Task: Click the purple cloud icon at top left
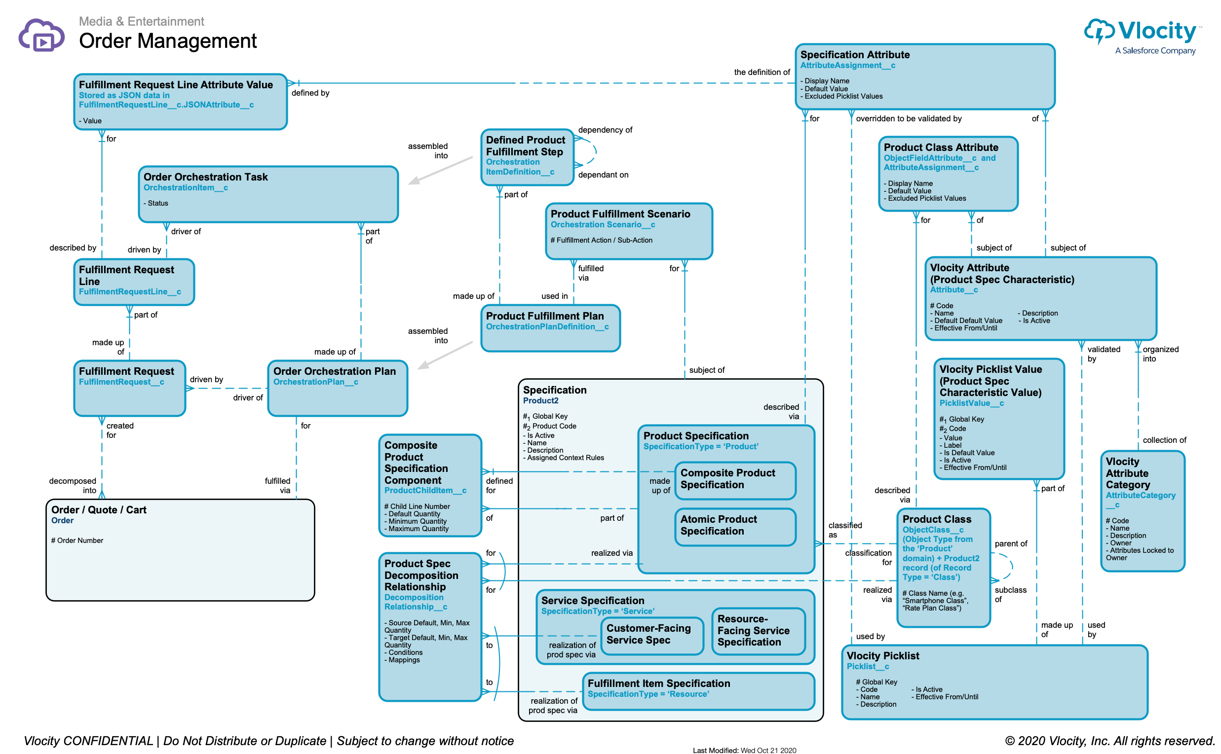tap(41, 35)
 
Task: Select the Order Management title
tap(168, 41)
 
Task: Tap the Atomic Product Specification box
tap(734, 526)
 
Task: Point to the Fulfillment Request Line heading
tap(126, 275)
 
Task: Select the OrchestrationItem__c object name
tap(186, 188)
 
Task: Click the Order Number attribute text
tap(77, 541)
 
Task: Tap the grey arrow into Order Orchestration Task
tap(439, 171)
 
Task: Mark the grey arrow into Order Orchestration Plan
tap(444, 356)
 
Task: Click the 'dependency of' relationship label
tap(605, 130)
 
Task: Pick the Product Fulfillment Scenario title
tap(620, 214)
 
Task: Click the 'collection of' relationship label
tap(1164, 440)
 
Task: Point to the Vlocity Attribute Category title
tap(1128, 473)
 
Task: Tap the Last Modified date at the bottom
tap(744, 750)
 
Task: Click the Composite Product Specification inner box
tap(734, 480)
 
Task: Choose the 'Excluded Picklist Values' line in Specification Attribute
tap(843, 97)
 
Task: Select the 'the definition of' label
tap(762, 72)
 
